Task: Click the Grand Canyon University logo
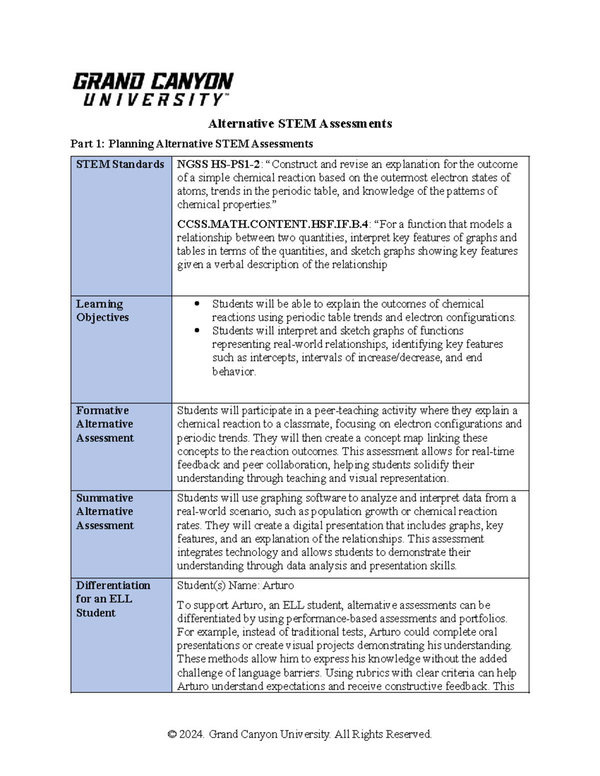tap(152, 89)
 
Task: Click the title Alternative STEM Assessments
tap(299, 123)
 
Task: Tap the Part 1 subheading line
tap(191, 144)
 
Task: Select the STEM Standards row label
tap(120, 164)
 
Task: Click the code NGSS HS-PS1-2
tap(218, 164)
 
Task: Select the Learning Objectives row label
tap(102, 310)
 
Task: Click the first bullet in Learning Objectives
tap(197, 304)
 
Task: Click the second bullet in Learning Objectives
tap(197, 331)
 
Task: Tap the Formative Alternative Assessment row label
tap(104, 424)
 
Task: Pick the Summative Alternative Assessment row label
tap(104, 512)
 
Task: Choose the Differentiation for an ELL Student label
tap(112, 599)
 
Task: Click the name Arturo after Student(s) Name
tap(278, 586)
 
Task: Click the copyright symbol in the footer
tap(172, 735)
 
